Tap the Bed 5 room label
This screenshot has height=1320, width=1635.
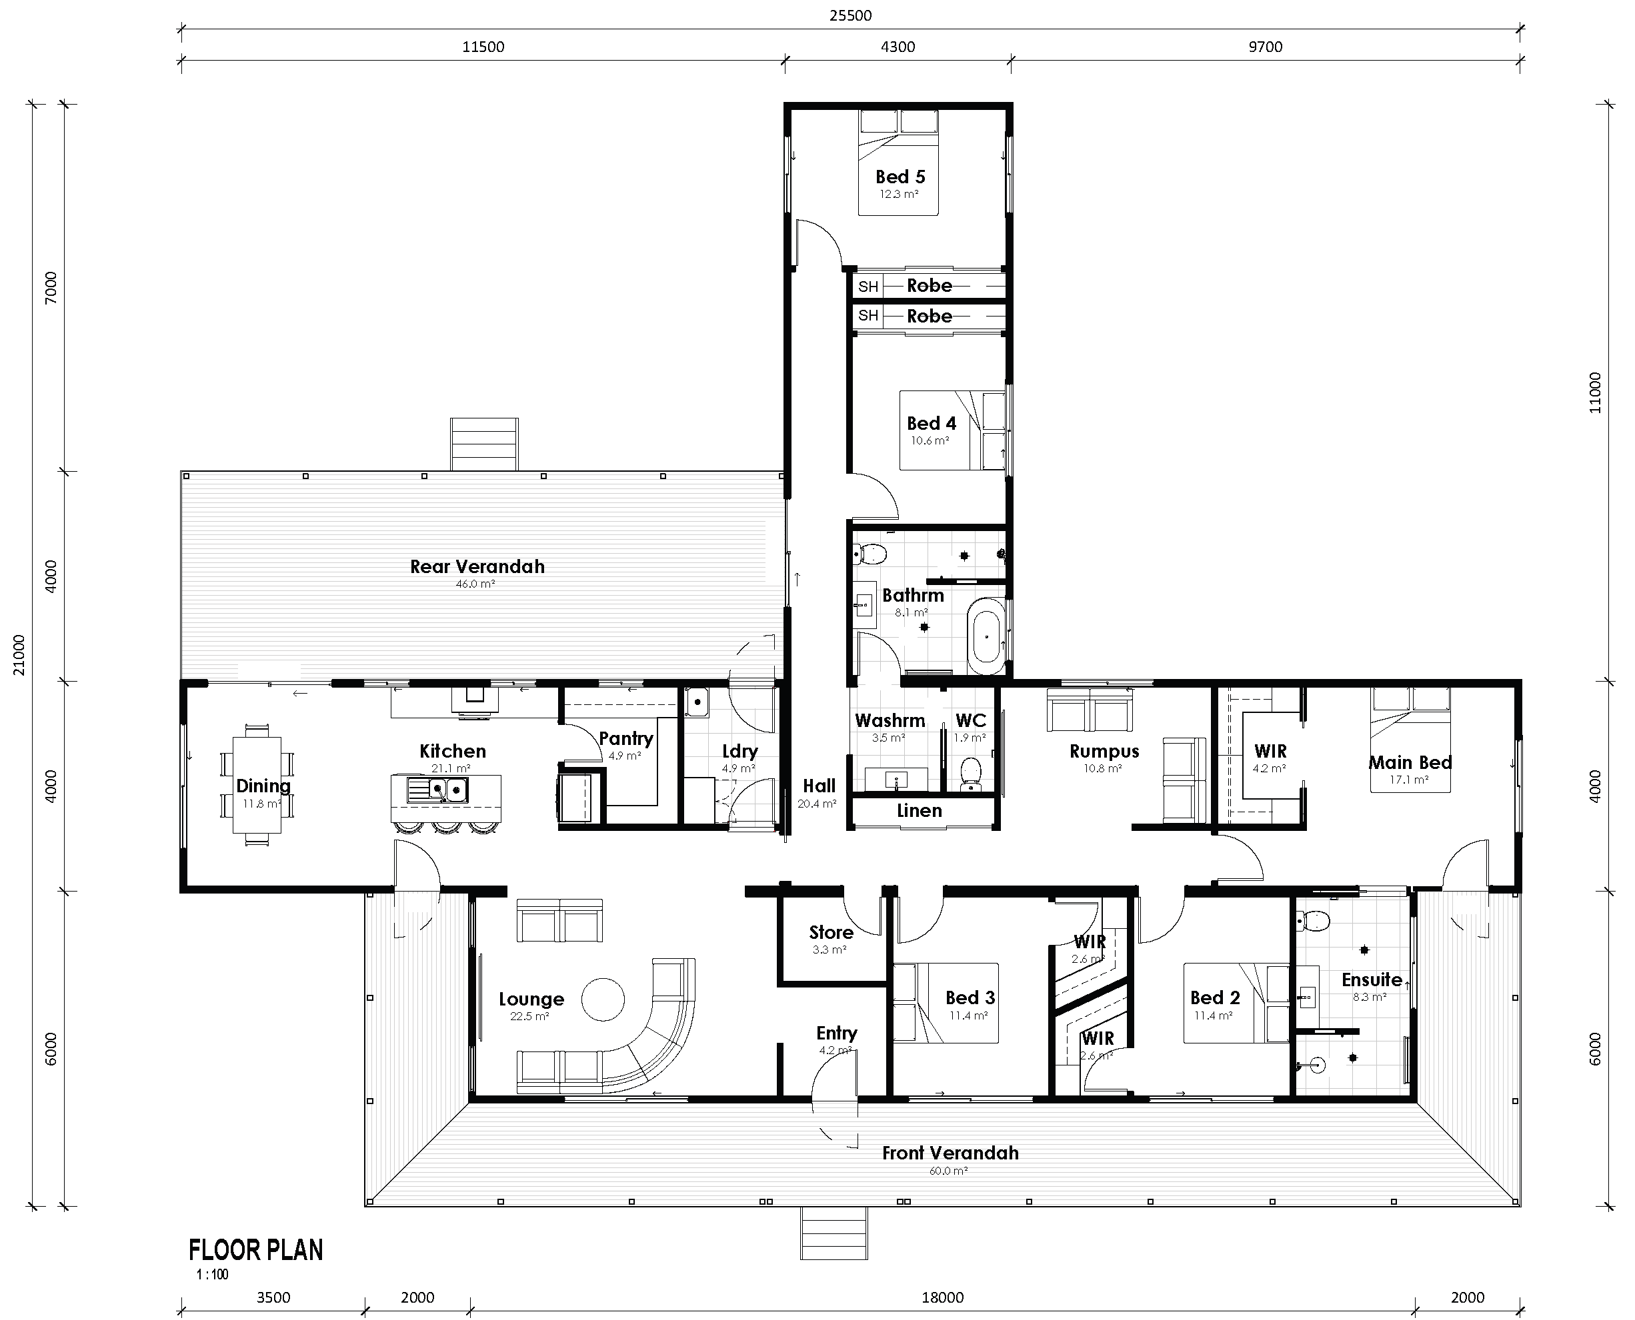pyautogui.click(x=900, y=177)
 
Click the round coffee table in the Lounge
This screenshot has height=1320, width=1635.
pyautogui.click(x=603, y=999)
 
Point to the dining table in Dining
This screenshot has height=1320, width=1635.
pyautogui.click(x=257, y=785)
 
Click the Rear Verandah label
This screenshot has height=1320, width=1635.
pyautogui.click(x=477, y=566)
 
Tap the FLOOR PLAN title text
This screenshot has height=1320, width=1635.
pyautogui.click(x=255, y=1250)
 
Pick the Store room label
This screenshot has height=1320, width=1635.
pyautogui.click(x=831, y=932)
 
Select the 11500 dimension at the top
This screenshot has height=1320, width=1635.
pyautogui.click(x=483, y=47)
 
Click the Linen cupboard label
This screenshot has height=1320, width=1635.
pyautogui.click(x=919, y=810)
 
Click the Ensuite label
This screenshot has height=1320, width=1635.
pyautogui.click(x=1371, y=980)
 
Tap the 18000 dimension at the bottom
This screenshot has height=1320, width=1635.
pyautogui.click(x=943, y=1298)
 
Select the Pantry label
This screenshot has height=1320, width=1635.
pyautogui.click(x=625, y=738)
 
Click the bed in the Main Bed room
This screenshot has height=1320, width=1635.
pyautogui.click(x=1410, y=740)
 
